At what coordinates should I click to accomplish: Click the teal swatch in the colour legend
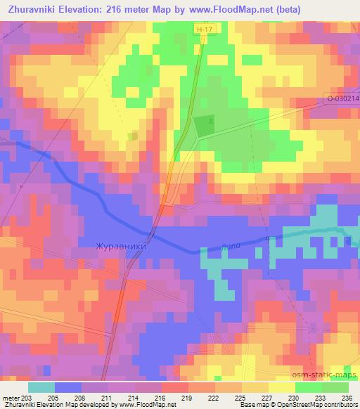pos(41,387)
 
